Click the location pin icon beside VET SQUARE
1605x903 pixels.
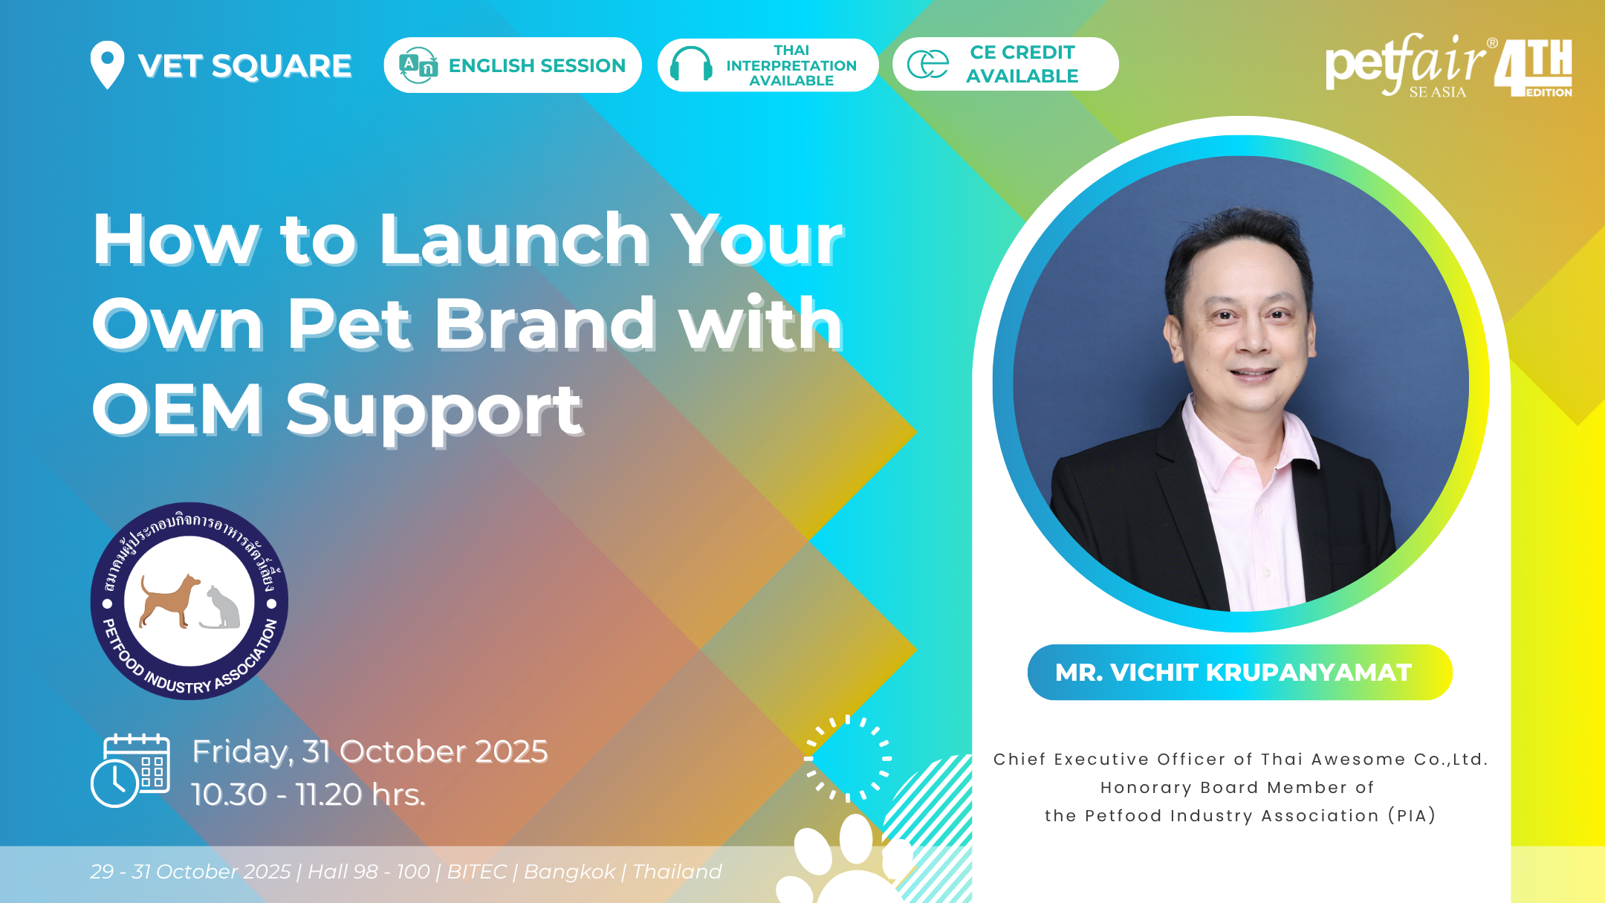coord(107,64)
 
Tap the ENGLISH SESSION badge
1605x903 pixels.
coord(513,65)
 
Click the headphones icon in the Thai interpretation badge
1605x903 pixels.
coord(691,64)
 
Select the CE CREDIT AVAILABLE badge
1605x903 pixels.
coord(1005,65)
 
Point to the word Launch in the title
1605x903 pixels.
coord(514,239)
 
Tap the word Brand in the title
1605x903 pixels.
coord(545,324)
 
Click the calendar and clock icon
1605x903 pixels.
coord(131,770)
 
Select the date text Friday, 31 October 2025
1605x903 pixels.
coord(370,751)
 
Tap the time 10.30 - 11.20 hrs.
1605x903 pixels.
coord(308,794)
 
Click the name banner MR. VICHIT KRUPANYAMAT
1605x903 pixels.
coord(1239,672)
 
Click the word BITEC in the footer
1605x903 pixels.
coord(476,871)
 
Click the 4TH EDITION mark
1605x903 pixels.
coord(1534,68)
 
